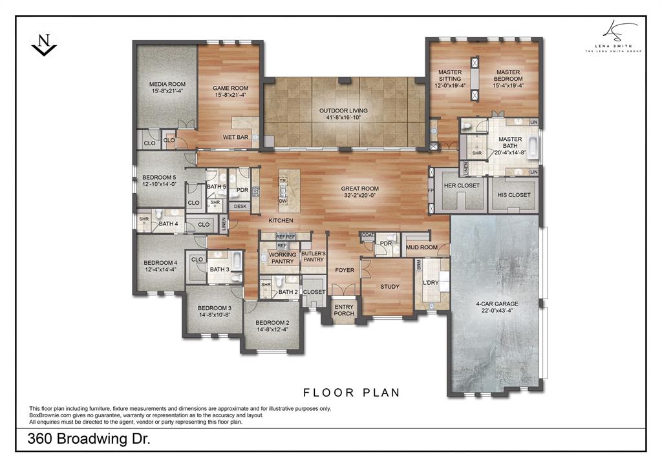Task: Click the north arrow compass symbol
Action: tap(43, 45)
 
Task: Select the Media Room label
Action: tap(167, 84)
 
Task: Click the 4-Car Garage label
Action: tap(497, 303)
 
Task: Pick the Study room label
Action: tap(389, 287)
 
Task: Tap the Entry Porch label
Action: tap(344, 309)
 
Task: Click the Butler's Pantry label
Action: tap(313, 257)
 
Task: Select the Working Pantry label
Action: tap(283, 258)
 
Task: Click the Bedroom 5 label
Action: tap(159, 177)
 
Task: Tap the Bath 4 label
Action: tap(168, 224)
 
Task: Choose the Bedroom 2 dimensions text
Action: tap(272, 329)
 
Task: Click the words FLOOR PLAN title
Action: tap(352, 392)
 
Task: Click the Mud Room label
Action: tap(421, 247)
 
